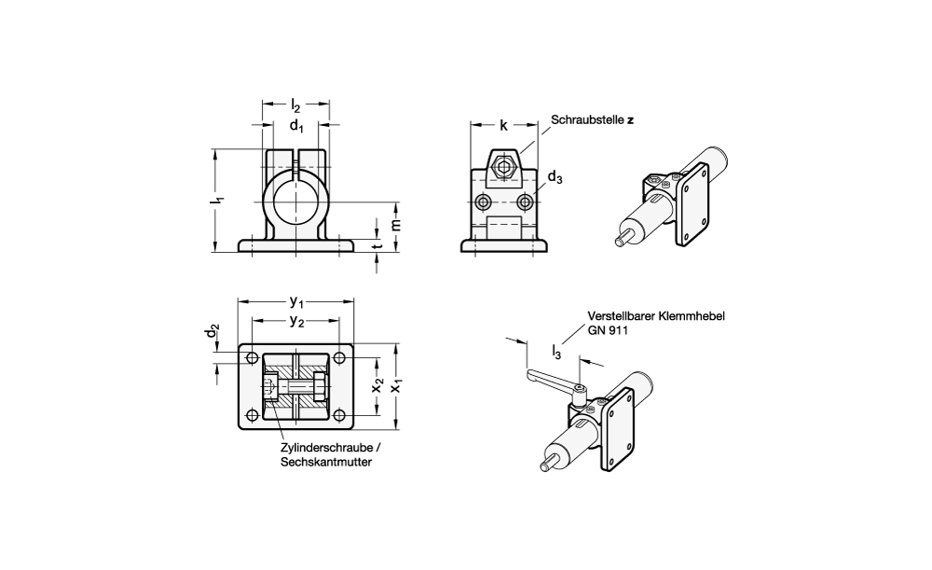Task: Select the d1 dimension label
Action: point(295,126)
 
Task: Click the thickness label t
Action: point(377,247)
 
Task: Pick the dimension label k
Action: point(503,125)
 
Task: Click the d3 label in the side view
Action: point(555,176)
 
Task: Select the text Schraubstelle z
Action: point(591,120)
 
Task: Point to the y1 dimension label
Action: point(296,301)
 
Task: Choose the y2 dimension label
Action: point(296,321)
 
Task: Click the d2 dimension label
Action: point(213,332)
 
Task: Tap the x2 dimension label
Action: point(378,385)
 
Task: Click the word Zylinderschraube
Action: point(313,447)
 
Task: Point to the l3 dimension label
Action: point(556,352)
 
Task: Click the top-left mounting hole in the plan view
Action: point(252,357)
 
